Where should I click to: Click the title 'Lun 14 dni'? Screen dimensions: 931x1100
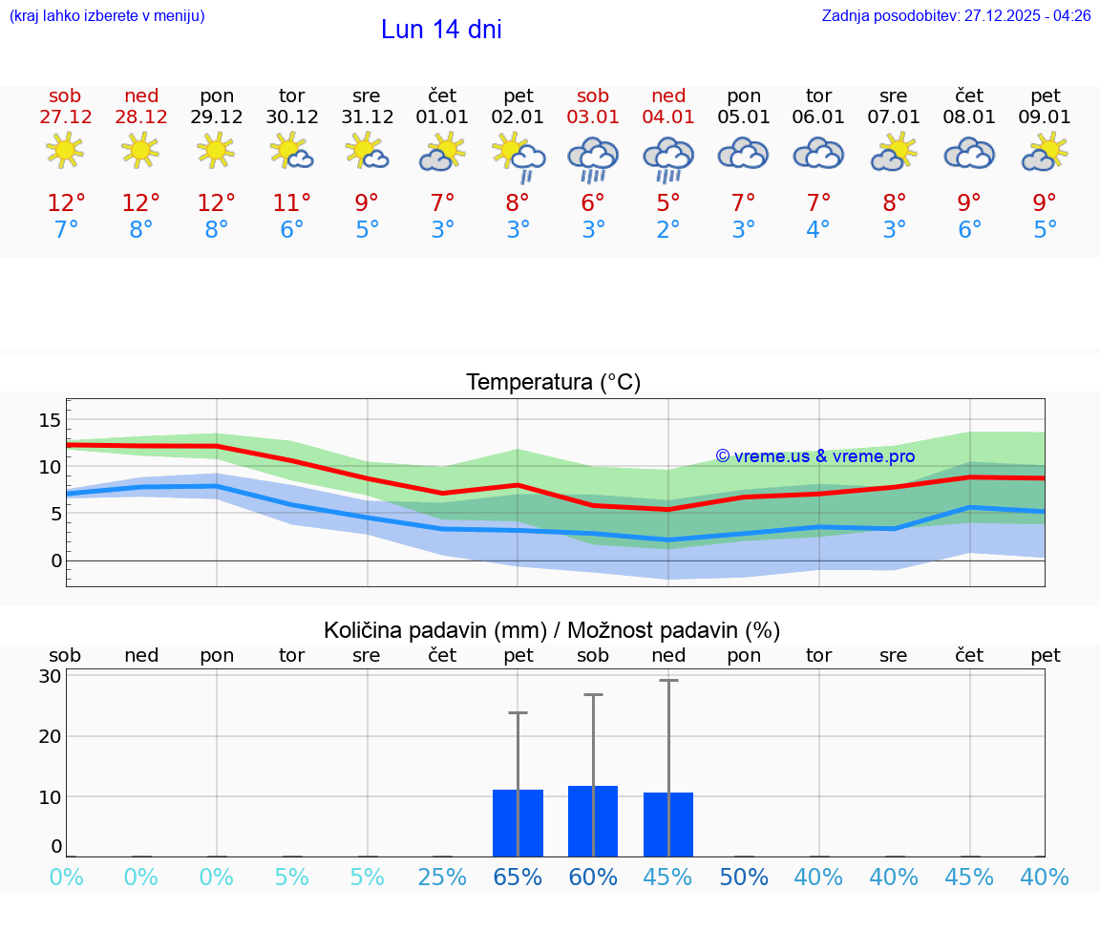(441, 30)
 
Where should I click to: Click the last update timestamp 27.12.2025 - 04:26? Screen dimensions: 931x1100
(1027, 15)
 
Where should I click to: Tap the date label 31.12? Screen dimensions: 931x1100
(367, 116)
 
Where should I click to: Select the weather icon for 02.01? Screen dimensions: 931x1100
(518, 157)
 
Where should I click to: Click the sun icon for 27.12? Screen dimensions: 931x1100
(65, 150)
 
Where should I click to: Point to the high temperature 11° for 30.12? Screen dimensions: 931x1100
(291, 202)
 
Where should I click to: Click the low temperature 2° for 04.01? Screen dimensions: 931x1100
(668, 230)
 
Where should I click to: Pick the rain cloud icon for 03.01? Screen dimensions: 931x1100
(593, 158)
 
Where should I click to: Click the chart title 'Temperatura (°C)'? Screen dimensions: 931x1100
(553, 383)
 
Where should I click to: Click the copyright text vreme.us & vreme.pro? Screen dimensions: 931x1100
(815, 456)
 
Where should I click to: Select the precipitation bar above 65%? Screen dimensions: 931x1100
(518, 823)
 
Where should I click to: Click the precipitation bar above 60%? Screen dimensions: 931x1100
(593, 821)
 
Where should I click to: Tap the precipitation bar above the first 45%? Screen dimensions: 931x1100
(668, 824)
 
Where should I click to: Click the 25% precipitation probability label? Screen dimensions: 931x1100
(442, 878)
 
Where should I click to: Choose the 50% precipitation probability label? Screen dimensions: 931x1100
(744, 878)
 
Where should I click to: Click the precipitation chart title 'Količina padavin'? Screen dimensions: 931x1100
(434, 630)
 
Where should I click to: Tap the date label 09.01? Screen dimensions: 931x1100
(1045, 116)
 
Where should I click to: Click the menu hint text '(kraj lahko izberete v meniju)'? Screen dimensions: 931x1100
(107, 15)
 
